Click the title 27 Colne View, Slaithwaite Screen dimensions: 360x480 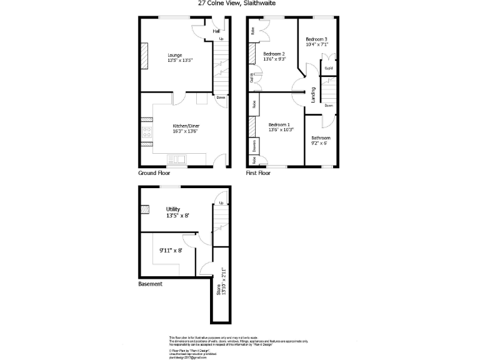[237, 3]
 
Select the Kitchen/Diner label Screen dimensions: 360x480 [186, 126]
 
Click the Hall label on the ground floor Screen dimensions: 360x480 [216, 31]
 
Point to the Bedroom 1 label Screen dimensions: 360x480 [278, 125]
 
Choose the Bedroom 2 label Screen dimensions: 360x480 [274, 54]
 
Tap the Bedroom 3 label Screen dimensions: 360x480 [317, 39]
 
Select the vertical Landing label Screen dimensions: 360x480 [313, 94]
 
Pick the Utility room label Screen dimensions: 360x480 [173, 209]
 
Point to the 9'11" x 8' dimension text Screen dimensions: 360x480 [170, 251]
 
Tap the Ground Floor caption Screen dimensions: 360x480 [154, 172]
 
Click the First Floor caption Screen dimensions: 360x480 [258, 172]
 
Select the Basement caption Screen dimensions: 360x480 [150, 284]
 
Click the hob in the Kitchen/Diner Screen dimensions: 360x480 [148, 132]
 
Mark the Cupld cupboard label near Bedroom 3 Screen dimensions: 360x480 [328, 67]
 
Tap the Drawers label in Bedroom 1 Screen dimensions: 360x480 [254, 146]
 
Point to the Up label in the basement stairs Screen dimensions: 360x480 [221, 203]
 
